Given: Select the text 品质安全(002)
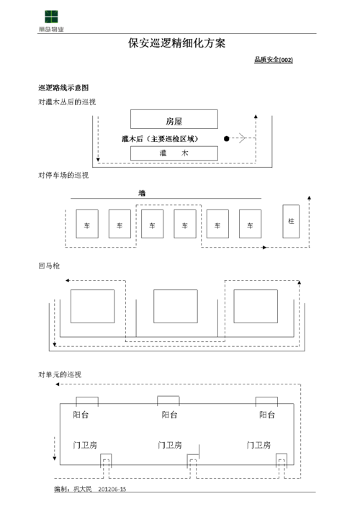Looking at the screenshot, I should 273,60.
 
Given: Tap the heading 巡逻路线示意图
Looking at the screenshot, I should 63,87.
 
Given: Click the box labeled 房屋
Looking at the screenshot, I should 174,120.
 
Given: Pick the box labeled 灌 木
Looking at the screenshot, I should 174,153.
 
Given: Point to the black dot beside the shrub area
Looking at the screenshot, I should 226,138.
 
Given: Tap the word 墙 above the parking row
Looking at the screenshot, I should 142,193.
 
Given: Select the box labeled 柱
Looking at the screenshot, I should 291,220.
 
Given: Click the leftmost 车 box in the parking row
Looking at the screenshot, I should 87,224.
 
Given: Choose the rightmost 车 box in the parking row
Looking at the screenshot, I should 250,224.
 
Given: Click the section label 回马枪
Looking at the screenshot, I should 49,266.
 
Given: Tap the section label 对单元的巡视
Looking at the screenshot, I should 60,375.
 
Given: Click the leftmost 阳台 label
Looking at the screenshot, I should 81,415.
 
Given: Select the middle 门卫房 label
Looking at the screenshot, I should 170,445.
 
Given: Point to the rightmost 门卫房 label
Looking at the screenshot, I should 258,445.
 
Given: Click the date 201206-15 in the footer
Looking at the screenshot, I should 112,490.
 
